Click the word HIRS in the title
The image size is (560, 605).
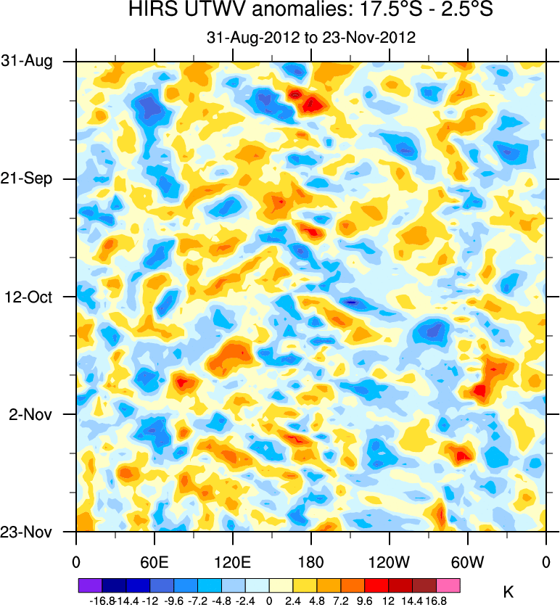click(149, 10)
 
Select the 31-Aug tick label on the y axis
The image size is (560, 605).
click(27, 62)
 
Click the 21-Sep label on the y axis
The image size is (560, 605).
click(27, 179)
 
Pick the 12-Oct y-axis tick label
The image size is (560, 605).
click(28, 297)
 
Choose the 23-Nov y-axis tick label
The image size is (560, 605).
click(27, 532)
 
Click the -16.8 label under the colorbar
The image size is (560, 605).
click(102, 600)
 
